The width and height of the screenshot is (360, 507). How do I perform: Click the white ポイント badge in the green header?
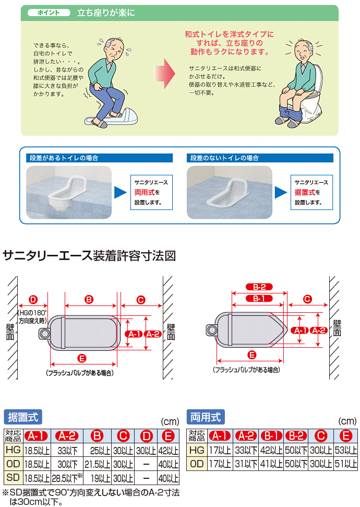tap(49, 13)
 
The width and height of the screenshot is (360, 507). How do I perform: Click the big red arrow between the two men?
tap(164, 74)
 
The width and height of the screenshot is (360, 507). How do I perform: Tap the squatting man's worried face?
tap(115, 49)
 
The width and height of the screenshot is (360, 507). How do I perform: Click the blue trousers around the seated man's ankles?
tap(290, 112)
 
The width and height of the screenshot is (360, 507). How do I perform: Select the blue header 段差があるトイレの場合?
tap(99, 158)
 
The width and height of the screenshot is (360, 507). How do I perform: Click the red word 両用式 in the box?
tap(145, 192)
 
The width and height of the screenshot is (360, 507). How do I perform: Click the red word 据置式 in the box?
tap(305, 192)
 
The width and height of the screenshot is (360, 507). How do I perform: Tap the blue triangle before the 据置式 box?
tap(281, 192)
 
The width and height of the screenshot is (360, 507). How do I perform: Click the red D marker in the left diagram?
tap(33, 300)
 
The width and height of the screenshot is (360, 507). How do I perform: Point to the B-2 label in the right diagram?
tap(259, 287)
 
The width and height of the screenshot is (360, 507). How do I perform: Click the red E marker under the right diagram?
tap(252, 355)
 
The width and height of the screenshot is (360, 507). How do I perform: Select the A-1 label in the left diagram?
tap(134, 334)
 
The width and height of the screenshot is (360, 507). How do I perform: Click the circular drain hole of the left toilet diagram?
tap(44, 334)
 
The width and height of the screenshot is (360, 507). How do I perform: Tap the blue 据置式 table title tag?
tap(23, 417)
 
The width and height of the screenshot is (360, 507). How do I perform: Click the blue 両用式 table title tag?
tap(206, 417)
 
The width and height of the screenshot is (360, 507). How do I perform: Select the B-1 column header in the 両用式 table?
tap(271, 436)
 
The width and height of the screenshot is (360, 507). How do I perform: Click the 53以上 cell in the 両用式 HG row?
tap(345, 450)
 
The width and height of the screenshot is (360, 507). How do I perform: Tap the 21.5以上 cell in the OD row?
tap(97, 464)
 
